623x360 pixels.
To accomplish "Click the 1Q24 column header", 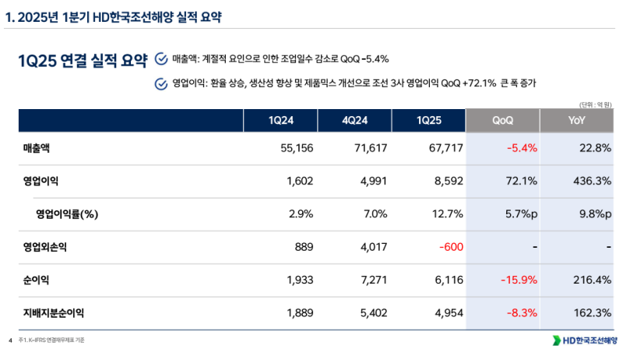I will [281, 121].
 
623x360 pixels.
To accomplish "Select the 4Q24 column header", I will [354, 121].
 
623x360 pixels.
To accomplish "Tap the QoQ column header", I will [502, 121].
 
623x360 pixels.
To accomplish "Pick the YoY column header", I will [577, 121].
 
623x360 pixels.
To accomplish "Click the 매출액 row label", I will [38, 148].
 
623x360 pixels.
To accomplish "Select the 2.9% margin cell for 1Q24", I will [300, 214].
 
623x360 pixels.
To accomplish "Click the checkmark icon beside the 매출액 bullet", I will [160, 58].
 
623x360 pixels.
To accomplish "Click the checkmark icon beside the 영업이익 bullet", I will [160, 83].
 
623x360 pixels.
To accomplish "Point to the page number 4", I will [10, 341].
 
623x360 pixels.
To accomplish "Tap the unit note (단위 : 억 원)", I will [595, 103].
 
